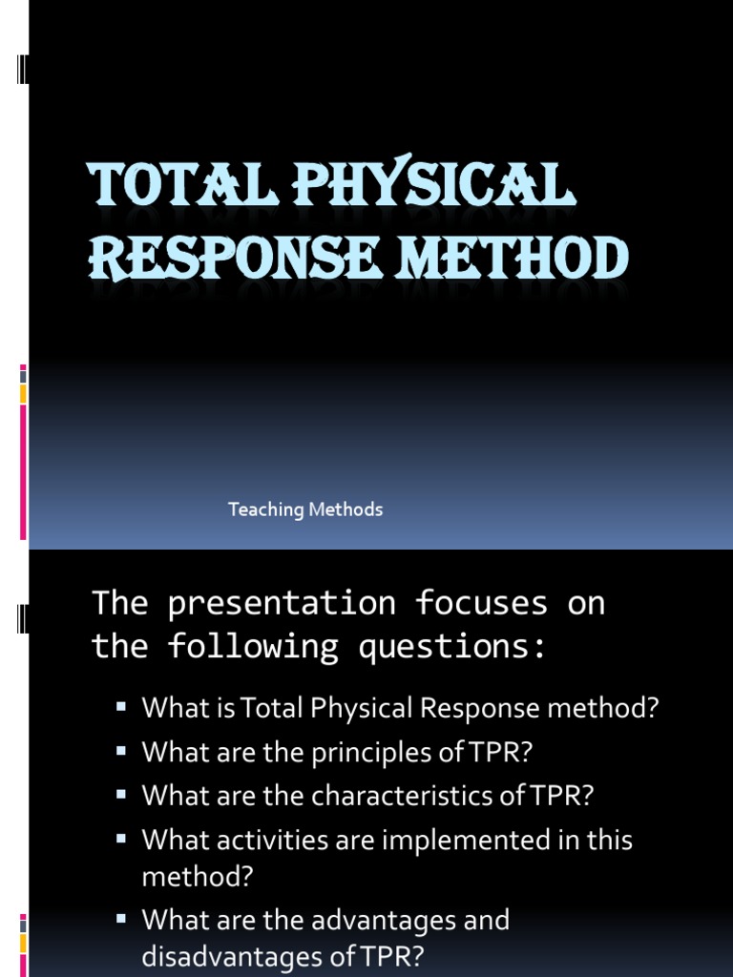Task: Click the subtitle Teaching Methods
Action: (x=305, y=509)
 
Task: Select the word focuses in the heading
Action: (x=481, y=603)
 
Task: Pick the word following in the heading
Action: (x=253, y=647)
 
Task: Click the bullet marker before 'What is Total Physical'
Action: (x=121, y=707)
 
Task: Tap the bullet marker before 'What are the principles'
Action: (x=121, y=751)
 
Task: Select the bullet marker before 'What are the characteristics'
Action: (x=121, y=795)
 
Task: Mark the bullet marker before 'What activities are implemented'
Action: (x=121, y=839)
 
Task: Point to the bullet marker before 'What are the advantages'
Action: (x=121, y=919)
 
